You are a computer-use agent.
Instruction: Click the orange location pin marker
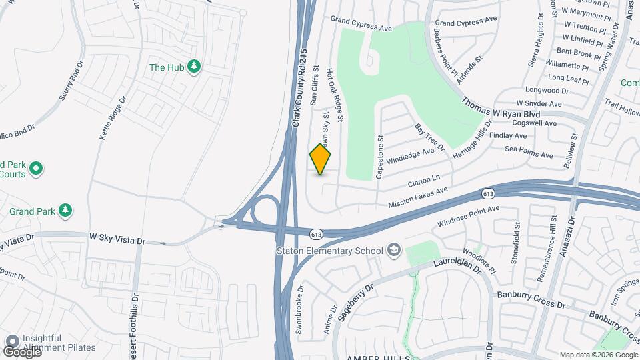[x=320, y=159]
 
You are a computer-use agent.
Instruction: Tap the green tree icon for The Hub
[x=194, y=67]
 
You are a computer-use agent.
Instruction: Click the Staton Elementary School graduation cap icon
[x=394, y=250]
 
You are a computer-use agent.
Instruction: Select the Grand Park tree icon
[x=65, y=211]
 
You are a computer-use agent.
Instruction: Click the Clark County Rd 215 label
[x=303, y=87]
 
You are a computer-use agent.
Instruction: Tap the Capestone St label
[x=381, y=157]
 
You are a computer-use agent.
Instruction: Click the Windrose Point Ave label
[x=468, y=215]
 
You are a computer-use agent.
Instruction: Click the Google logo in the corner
[x=21, y=351]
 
